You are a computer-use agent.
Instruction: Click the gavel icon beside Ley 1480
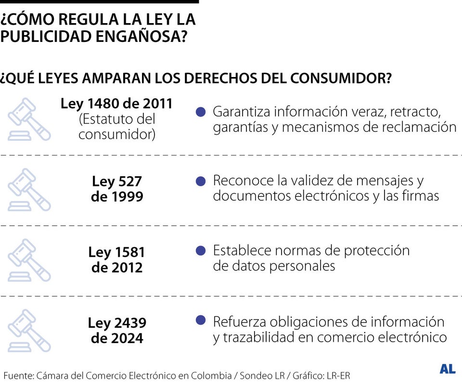tap(29, 119)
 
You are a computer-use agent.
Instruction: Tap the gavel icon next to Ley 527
tap(29, 190)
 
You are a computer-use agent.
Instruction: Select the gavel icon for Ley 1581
tap(29, 260)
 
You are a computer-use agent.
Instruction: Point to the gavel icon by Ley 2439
tap(29, 330)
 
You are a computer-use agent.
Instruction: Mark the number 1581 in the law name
tap(130, 252)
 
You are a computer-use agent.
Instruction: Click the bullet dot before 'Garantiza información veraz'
tap(201, 112)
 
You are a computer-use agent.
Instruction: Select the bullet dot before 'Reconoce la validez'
tap(201, 181)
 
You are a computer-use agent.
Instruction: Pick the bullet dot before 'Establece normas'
tap(201, 251)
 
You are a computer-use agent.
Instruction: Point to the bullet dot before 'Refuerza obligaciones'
tap(201, 321)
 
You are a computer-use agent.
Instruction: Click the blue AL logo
tap(447, 369)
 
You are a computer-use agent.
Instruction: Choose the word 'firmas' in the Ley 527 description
tap(419, 196)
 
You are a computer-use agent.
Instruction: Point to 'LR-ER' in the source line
tap(338, 375)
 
